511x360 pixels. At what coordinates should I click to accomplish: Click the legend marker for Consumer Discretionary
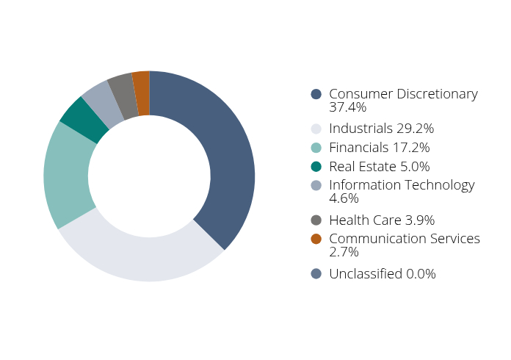point(316,94)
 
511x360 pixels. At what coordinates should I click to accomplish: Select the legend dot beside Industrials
point(316,129)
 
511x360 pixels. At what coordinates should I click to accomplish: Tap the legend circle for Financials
point(316,148)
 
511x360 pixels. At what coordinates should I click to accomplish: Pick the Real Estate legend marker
point(316,167)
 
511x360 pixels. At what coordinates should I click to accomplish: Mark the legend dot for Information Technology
point(316,185)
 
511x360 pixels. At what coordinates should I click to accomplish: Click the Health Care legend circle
point(316,220)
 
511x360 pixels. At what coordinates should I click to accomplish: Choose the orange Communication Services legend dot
point(316,239)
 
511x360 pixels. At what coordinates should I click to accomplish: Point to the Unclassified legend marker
point(316,274)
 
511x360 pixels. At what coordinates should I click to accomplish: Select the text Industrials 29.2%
point(381,129)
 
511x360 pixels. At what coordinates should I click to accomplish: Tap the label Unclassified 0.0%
point(382,274)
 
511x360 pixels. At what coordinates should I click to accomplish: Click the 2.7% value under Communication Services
point(344,252)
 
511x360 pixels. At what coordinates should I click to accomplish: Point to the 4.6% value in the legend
point(344,198)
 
